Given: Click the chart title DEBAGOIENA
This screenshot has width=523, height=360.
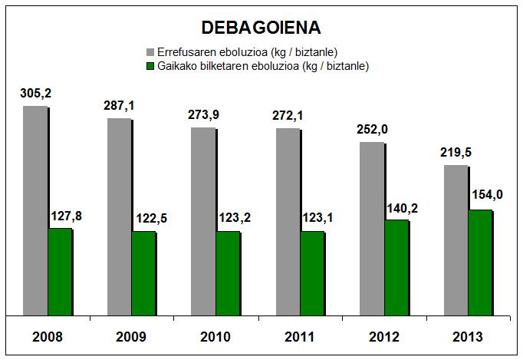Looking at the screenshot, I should tap(261, 28).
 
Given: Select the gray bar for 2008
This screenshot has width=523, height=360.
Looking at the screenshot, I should tap(35, 210).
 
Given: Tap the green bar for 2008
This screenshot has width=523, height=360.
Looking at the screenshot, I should tap(60, 272).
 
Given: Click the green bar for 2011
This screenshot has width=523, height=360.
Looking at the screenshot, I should tap(312, 273).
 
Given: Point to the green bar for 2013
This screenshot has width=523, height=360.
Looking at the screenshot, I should tap(480, 263).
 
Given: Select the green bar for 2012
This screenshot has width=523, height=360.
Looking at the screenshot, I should tap(396, 268).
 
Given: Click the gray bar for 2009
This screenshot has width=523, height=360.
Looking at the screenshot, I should tap(119, 216).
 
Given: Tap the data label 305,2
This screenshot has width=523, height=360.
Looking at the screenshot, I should tap(36, 94).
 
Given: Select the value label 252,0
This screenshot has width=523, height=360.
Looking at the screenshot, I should tap(372, 129).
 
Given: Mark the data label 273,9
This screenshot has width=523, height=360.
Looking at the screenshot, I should tap(203, 115).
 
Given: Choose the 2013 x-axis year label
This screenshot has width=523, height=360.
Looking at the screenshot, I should tap(468, 336).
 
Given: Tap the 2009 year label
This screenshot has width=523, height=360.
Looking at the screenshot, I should tap(131, 336).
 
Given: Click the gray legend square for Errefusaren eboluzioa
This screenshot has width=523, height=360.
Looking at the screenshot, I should tap(150, 52).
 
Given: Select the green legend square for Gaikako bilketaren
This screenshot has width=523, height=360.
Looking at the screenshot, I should tap(150, 67).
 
